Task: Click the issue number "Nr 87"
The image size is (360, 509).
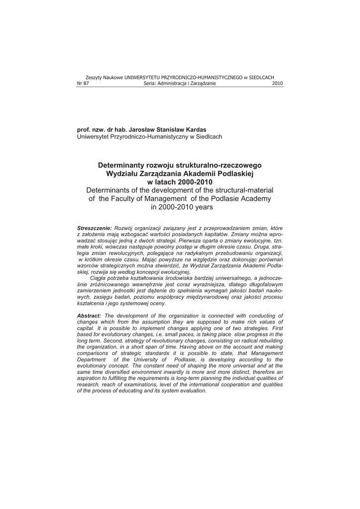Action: (x=83, y=84)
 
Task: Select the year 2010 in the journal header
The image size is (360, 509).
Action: (x=277, y=84)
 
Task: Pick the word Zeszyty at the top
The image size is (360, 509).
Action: (x=94, y=78)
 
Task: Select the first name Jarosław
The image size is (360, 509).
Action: (x=130, y=130)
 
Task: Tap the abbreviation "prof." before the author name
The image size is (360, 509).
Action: (x=84, y=130)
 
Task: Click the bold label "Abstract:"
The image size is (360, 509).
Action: (x=89, y=316)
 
